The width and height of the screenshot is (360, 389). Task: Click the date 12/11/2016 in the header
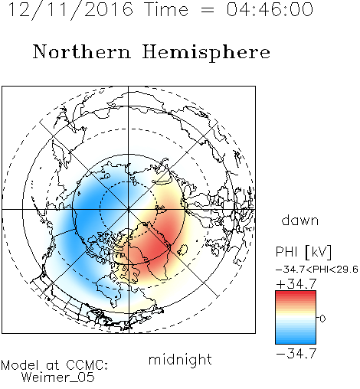click(70, 10)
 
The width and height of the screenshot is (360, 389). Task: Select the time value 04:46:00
click(270, 10)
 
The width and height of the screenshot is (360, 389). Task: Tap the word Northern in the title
click(82, 52)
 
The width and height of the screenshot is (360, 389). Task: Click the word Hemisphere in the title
click(206, 53)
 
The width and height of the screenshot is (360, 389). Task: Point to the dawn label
click(300, 221)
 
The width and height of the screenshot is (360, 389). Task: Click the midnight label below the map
click(180, 360)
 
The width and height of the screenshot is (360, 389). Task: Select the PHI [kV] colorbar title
click(303, 252)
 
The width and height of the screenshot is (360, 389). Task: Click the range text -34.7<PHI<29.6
click(317, 270)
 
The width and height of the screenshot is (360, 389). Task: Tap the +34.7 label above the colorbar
click(296, 284)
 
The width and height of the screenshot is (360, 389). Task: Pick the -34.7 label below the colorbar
click(296, 354)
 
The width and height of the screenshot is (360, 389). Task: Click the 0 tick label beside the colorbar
click(322, 319)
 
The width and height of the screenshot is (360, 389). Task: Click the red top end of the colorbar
click(296, 293)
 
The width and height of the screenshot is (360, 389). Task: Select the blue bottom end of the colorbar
click(296, 342)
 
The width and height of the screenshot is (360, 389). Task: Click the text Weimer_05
click(58, 378)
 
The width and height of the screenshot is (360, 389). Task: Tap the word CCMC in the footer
click(87, 365)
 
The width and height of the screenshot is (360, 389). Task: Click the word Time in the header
click(166, 10)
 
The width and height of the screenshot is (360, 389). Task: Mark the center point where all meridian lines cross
click(129, 209)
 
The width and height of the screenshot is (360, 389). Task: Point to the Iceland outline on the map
click(183, 250)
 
